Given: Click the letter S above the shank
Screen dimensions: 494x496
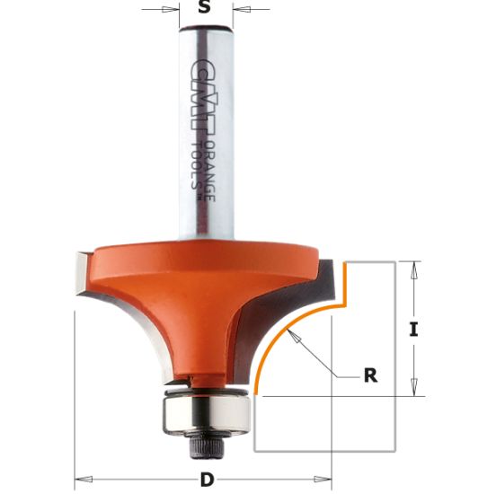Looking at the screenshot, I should tap(204, 9).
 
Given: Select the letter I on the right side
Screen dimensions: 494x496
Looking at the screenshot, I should tap(413, 329).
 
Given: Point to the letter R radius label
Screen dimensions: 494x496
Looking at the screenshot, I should tap(369, 376).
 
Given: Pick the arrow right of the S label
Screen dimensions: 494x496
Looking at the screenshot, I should tap(241, 10).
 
